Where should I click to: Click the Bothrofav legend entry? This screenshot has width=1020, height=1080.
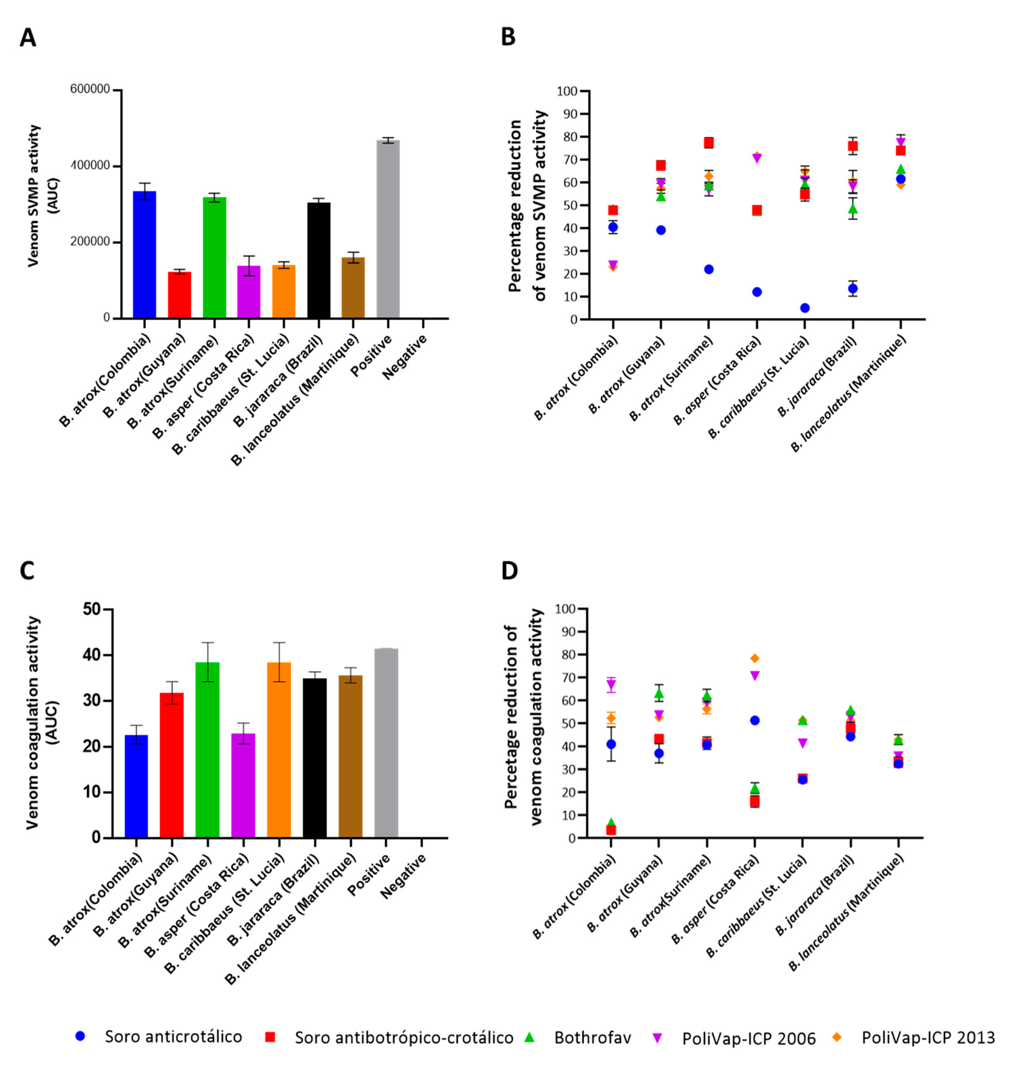pos(592,1037)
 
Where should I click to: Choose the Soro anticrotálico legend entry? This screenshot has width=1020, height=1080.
pos(173,1037)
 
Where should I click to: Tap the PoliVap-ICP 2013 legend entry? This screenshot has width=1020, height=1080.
pos(927,1037)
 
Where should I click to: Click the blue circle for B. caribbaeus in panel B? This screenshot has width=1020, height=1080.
pos(805,308)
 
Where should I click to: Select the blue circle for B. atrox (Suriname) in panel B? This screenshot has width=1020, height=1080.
pos(708,269)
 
